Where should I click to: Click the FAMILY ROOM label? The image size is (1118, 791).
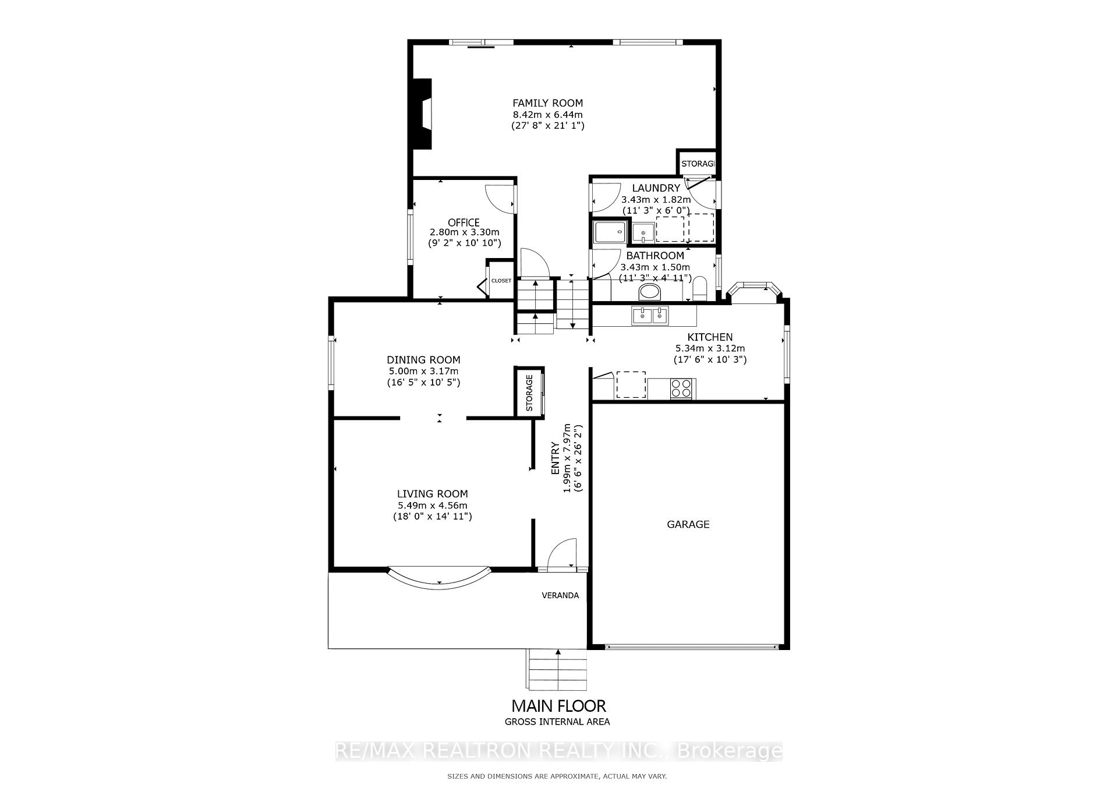point(547,104)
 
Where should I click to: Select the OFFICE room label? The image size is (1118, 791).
point(464,223)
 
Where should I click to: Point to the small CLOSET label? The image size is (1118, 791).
point(501,281)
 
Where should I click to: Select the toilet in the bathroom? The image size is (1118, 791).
point(699,288)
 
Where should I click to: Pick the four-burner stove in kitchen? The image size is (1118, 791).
point(681,388)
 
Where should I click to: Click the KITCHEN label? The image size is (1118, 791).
point(710,337)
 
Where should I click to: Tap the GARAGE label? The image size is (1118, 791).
point(688,524)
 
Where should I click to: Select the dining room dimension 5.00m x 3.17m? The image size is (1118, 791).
point(423,371)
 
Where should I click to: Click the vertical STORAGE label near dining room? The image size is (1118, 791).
point(529,393)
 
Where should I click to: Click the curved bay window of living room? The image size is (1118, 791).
point(440,580)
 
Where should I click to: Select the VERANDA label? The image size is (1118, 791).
point(560,595)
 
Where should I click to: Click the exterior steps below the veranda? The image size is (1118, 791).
point(557,670)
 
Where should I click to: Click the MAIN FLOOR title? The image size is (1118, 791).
point(558,706)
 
